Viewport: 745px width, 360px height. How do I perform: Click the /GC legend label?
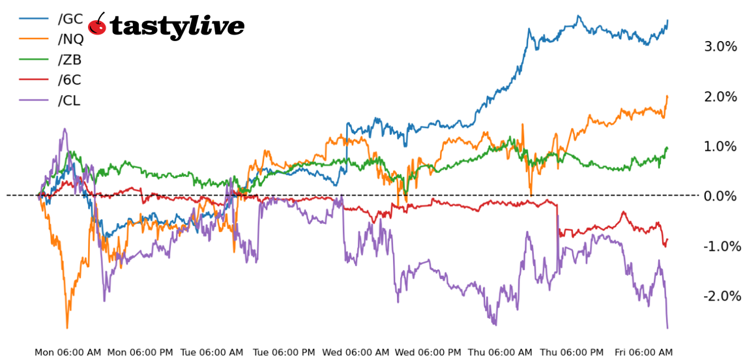coord(70,18)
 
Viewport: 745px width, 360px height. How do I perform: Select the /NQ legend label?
coord(71,39)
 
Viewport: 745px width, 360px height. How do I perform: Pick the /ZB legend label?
coord(70,60)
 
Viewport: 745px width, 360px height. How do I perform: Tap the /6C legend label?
coord(69,80)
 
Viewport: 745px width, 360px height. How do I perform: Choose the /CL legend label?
coord(69,101)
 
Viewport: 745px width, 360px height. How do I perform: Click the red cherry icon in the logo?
coord(98,24)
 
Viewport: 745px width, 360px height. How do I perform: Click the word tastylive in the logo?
coord(177,26)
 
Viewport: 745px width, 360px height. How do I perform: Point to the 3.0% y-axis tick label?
coord(720,46)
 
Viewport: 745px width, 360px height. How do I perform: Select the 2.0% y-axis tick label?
coord(720,97)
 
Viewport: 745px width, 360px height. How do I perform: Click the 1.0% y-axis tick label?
coord(720,146)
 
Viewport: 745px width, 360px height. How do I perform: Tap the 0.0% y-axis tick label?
coord(720,196)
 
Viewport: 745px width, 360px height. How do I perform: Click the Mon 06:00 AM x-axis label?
coord(68,352)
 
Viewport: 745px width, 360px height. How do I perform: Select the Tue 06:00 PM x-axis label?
coord(284,352)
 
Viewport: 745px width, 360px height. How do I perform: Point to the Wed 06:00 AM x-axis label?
coord(356,352)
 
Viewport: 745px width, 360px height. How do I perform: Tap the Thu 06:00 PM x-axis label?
coord(571,352)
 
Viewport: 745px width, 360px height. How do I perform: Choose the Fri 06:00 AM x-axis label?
coord(643,352)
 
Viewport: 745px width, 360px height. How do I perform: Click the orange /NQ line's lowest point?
coord(66,327)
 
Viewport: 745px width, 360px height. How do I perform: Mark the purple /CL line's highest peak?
coord(65,129)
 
